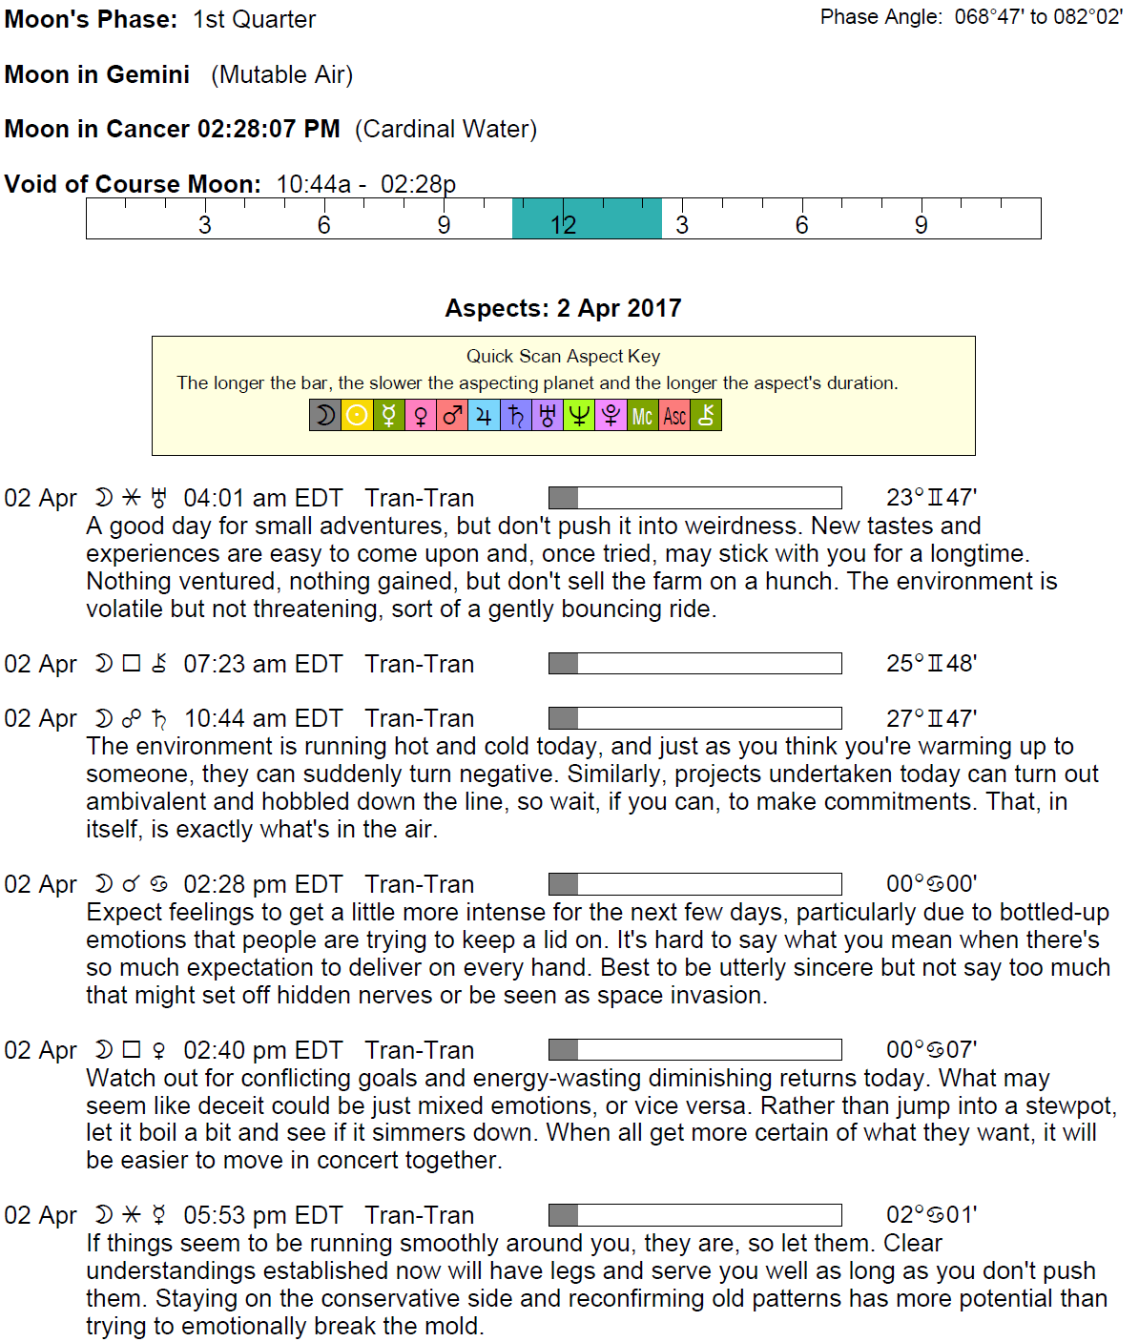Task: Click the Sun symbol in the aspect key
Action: (357, 416)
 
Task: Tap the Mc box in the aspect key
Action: (642, 416)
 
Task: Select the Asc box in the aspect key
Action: (674, 416)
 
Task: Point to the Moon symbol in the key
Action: (325, 416)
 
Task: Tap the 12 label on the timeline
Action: (563, 225)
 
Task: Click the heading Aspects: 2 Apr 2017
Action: (563, 308)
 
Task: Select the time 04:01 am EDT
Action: (262, 498)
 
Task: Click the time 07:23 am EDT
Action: (262, 664)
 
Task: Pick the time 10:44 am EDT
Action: (262, 718)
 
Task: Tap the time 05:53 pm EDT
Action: (262, 1215)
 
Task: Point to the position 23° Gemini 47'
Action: (931, 498)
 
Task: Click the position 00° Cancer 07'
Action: (931, 1050)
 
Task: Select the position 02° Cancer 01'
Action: (931, 1215)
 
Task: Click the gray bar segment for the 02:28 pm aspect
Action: (564, 884)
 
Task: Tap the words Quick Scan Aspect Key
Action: (563, 356)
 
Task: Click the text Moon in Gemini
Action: (97, 74)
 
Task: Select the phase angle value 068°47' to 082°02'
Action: (1038, 17)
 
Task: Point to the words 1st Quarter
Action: (254, 19)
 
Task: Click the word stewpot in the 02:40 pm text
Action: (1068, 1105)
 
